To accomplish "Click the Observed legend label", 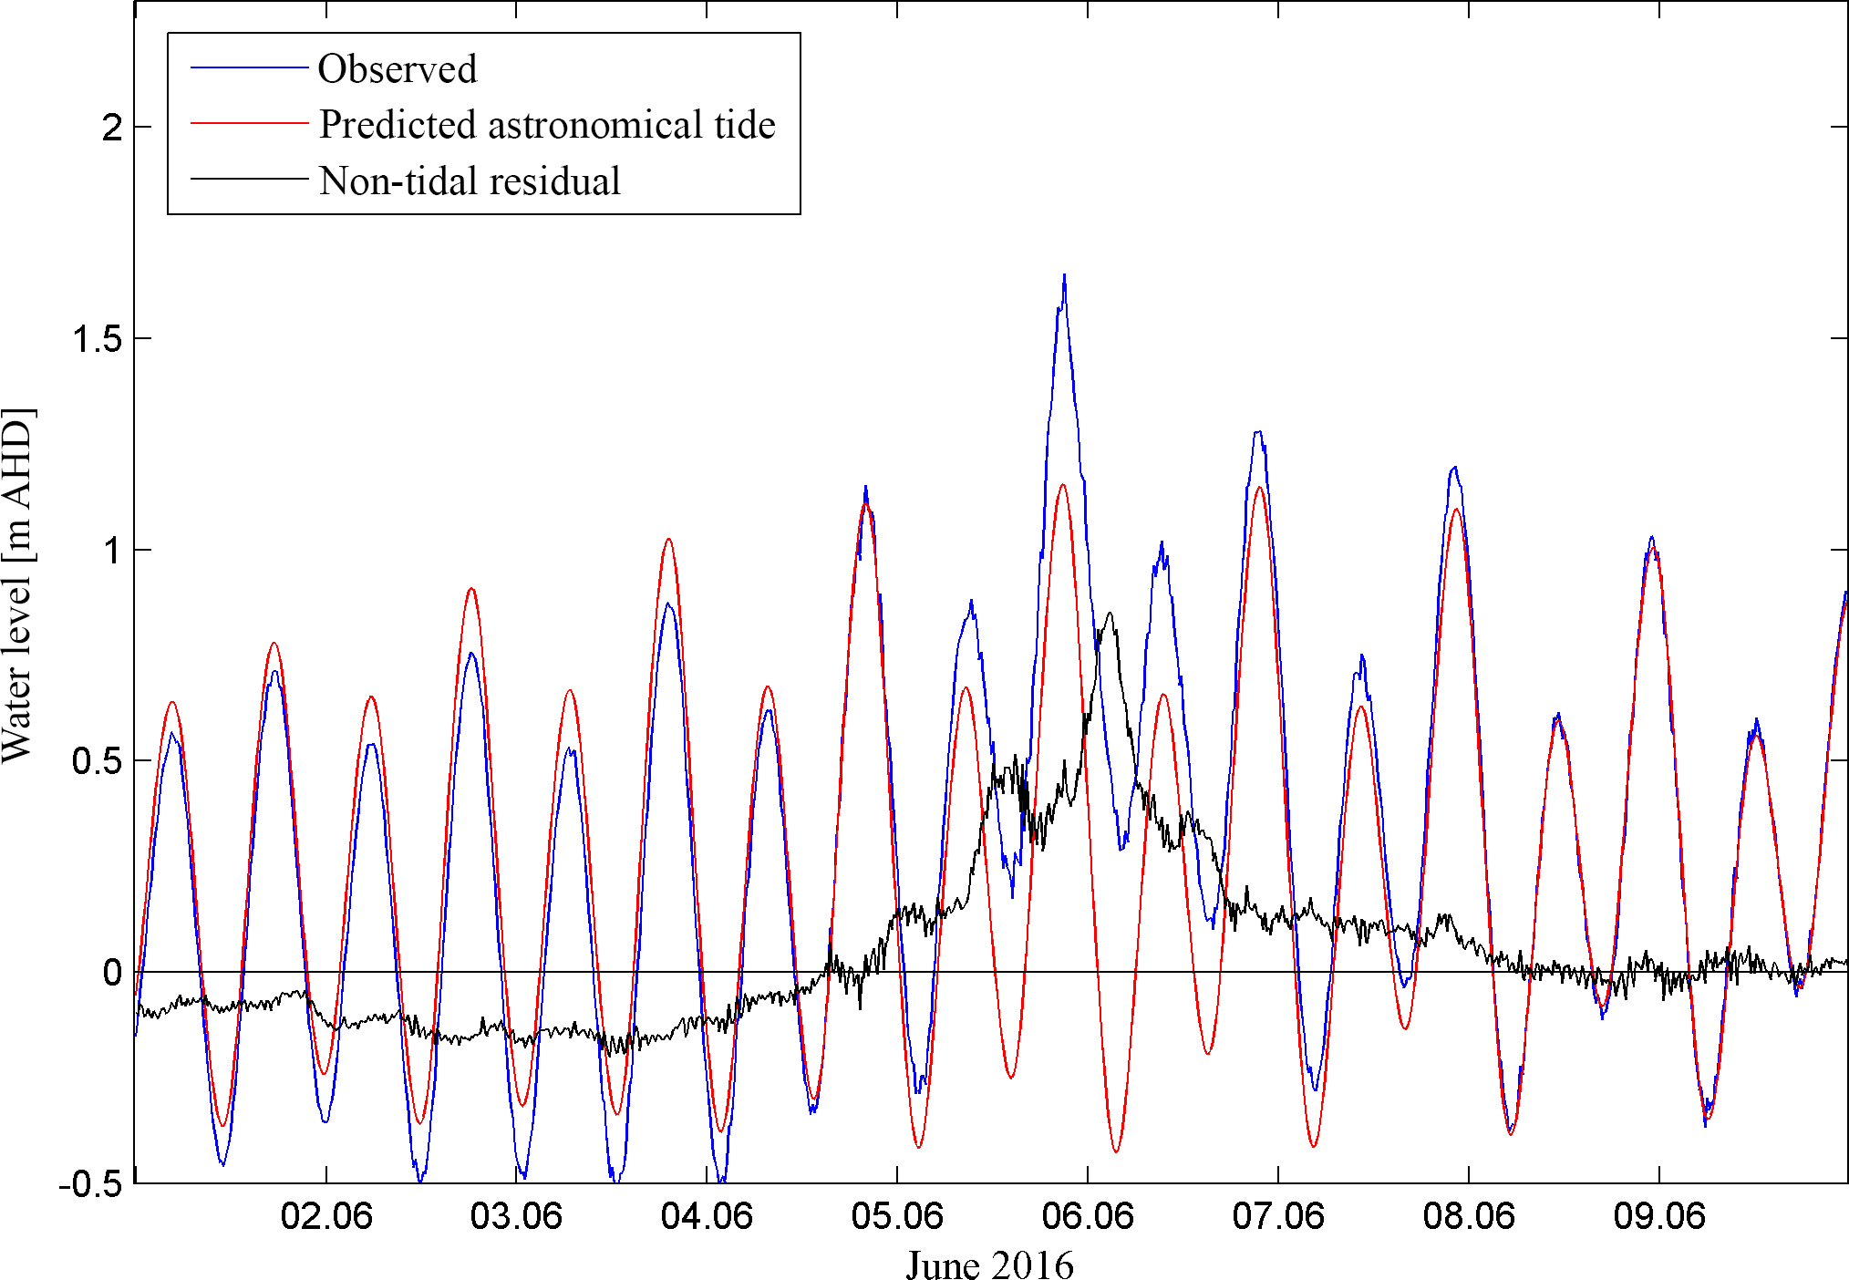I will [x=397, y=69].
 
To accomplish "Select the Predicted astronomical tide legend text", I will [x=547, y=125].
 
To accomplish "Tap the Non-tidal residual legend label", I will [x=470, y=181].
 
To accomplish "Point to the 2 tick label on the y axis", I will [x=112, y=128].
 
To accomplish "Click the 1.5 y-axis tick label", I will [x=98, y=339].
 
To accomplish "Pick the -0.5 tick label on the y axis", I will [x=90, y=1184].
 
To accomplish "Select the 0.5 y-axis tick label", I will [x=98, y=761].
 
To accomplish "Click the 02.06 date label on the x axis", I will [x=326, y=1216].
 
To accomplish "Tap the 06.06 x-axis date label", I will [x=1088, y=1216].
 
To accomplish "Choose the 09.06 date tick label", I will [x=1659, y=1216].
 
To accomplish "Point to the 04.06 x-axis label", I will [x=707, y=1216].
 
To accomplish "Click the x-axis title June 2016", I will [x=989, y=1265].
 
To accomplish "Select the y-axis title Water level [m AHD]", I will [x=18, y=585].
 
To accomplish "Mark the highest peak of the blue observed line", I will [x=1064, y=275].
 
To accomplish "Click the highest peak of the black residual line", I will [x=1110, y=614].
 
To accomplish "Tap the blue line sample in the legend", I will [x=249, y=68].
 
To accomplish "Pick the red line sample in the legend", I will [x=249, y=123].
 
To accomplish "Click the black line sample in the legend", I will [x=249, y=179].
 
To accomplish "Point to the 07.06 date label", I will [x=1278, y=1216].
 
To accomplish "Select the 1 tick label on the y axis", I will [x=112, y=551].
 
